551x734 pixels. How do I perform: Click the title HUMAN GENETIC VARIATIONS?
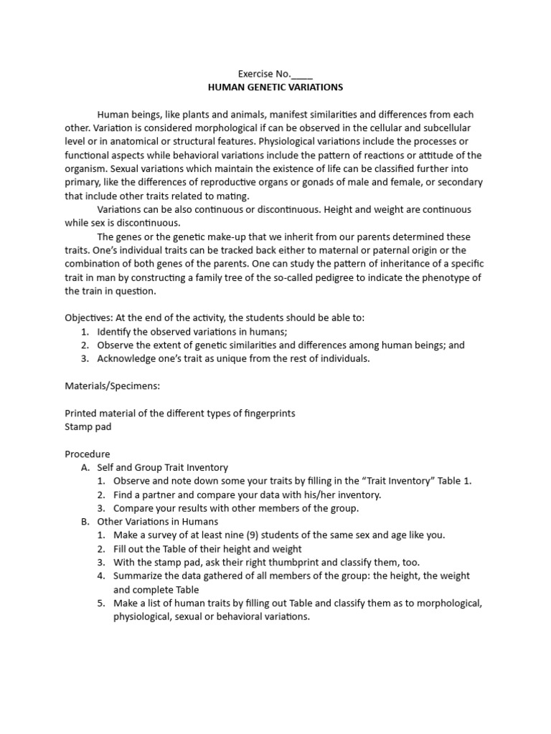[x=275, y=87]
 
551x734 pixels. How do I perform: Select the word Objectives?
[x=87, y=318]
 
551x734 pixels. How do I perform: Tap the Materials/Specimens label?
[x=113, y=386]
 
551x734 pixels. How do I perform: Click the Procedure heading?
[x=88, y=454]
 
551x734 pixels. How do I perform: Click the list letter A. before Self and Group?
[x=87, y=467]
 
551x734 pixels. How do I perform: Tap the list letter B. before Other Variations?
[x=87, y=522]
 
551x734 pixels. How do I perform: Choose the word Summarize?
[x=139, y=576]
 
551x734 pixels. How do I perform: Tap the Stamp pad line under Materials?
[x=88, y=426]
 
